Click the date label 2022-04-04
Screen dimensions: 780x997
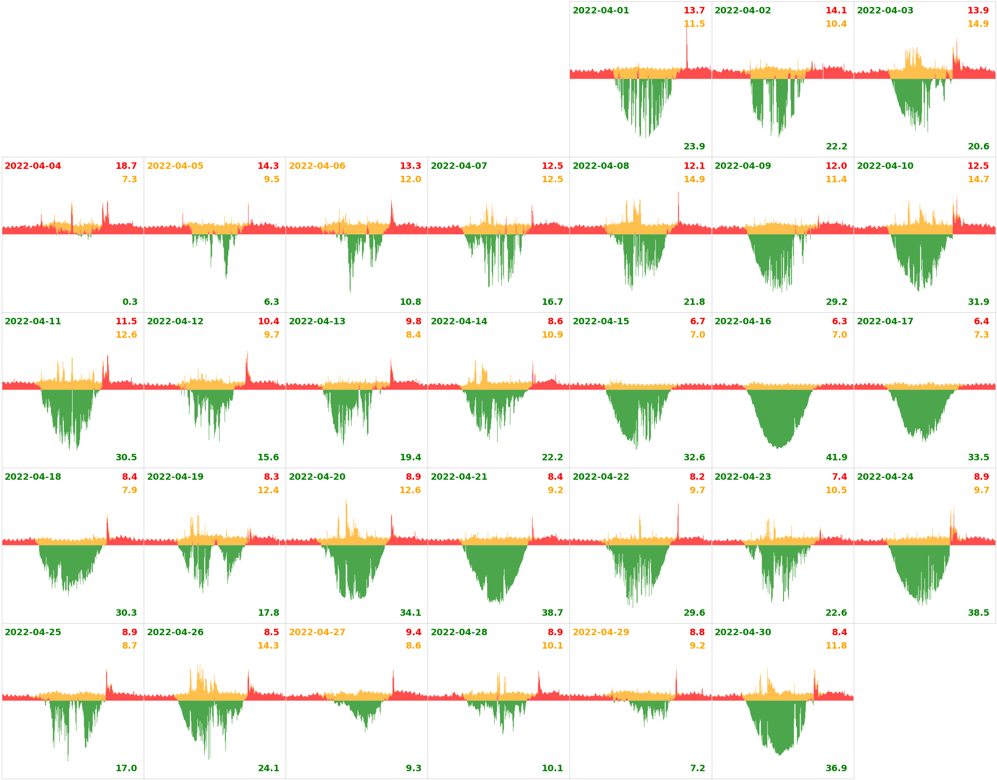[33, 166]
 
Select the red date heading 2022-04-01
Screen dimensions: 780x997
[600, 11]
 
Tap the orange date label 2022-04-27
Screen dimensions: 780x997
[317, 632]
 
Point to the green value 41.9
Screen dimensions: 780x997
[836, 458]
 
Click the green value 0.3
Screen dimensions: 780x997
[130, 302]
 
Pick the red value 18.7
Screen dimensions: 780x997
[126, 166]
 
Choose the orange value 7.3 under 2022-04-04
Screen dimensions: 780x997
[129, 180]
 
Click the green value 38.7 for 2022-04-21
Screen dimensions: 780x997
[552, 613]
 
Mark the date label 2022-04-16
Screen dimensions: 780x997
[743, 322]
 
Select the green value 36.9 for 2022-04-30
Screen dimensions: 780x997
[836, 768]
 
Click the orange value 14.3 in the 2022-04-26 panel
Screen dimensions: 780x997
[268, 646]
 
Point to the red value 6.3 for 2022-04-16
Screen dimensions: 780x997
[839, 322]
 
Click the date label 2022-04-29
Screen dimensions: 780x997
[600, 632]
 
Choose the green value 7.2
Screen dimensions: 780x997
[697, 768]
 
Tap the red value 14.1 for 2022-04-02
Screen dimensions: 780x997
[836, 11]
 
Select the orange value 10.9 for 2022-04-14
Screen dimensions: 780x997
[552, 335]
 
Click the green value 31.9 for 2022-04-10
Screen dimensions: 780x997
[979, 302]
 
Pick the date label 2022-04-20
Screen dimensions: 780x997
[317, 477]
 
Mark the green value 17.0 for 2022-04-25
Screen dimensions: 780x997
[126, 768]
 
